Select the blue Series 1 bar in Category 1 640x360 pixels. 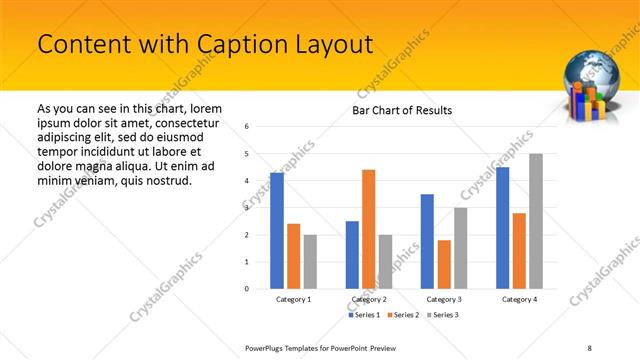277,230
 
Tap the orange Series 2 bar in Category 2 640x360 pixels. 368,229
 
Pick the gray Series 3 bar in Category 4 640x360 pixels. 536,221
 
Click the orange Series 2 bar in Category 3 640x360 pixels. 444,264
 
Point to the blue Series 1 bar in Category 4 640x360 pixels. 502,227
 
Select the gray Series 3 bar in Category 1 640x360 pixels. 311,261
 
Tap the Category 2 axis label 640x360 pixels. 369,299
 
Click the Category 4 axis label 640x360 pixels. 519,299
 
